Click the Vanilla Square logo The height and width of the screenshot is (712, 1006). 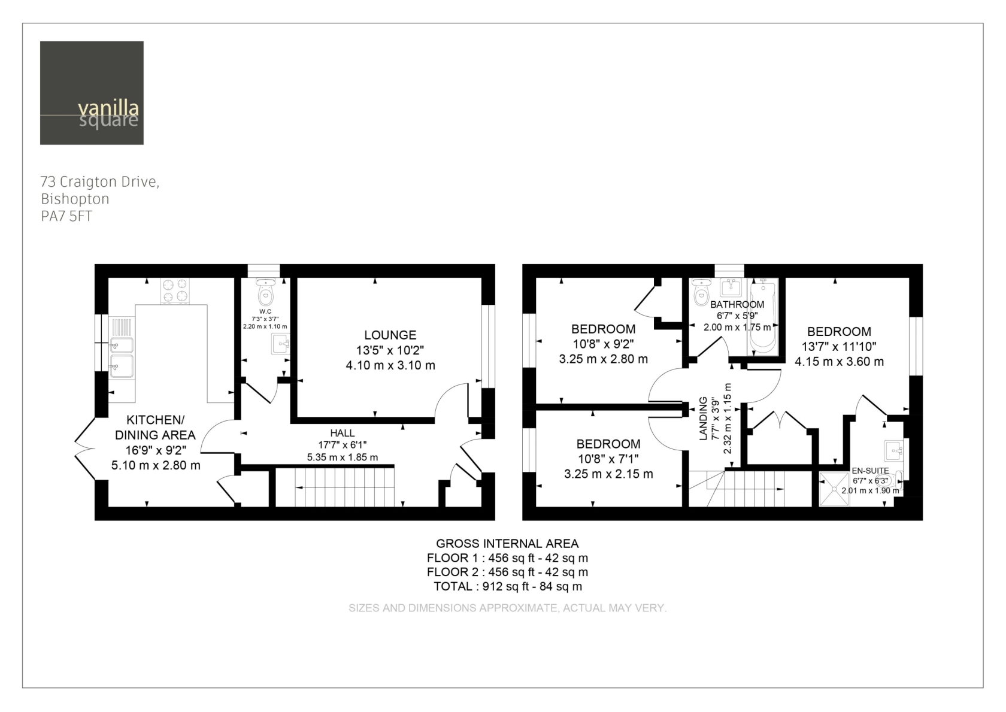[92, 93]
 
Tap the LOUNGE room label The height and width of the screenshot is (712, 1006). [390, 335]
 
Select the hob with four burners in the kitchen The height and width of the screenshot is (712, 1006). [175, 290]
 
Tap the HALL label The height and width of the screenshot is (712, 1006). [343, 433]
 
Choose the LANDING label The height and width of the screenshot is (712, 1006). [704, 418]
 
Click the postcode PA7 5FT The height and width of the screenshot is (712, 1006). [66, 217]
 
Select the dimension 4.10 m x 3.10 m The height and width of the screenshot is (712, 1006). [390, 365]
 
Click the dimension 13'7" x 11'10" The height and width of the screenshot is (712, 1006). [839, 346]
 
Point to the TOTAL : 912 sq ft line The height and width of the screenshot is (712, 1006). [508, 586]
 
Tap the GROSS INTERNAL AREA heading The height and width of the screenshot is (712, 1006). [508, 544]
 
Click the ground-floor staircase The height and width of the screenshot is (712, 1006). [335, 487]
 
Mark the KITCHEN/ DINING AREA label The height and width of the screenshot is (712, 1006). [156, 427]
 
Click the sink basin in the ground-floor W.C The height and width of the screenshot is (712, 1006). [280, 344]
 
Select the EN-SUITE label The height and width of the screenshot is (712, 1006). [871, 471]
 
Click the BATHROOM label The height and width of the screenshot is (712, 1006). [737, 304]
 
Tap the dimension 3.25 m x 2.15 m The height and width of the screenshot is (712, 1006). [608, 474]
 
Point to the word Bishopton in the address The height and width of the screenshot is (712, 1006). [75, 199]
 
